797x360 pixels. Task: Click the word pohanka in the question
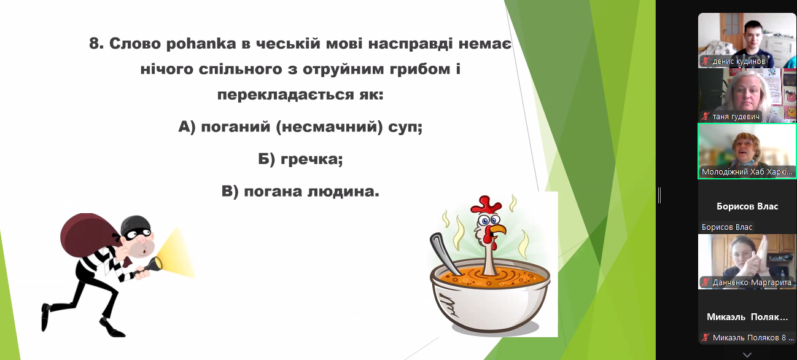pyautogui.click(x=201, y=44)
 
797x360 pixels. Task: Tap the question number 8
pyautogui.click(x=96, y=44)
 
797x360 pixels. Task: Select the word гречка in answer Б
pyautogui.click(x=311, y=159)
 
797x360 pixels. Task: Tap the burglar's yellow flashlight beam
pyautogui.click(x=176, y=254)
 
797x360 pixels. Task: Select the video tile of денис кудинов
pyautogui.click(x=747, y=40)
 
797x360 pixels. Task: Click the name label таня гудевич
pyautogui.click(x=736, y=117)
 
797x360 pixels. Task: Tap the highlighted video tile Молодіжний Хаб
pyautogui.click(x=747, y=151)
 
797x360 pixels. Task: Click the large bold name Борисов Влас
pyautogui.click(x=747, y=206)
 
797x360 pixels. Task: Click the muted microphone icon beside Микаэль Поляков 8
pyautogui.click(x=706, y=337)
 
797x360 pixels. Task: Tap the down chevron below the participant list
pyautogui.click(x=747, y=354)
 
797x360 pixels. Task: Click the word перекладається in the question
pyautogui.click(x=286, y=95)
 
